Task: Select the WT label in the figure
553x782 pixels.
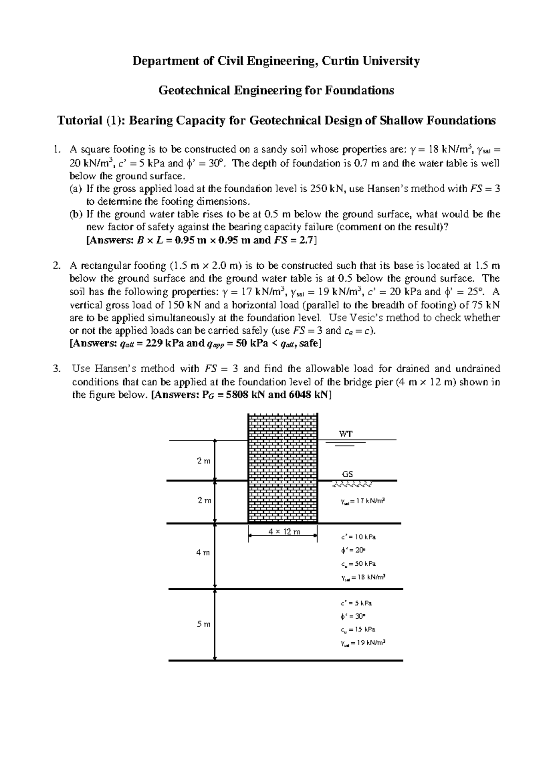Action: point(346,433)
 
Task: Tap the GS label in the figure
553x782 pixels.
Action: point(347,474)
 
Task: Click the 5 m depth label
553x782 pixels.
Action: point(203,624)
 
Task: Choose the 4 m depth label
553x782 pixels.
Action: point(203,552)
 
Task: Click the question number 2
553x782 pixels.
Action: point(56,266)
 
